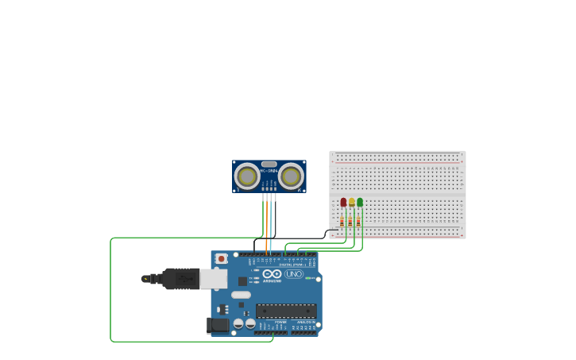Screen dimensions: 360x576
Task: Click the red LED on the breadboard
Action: [343, 203]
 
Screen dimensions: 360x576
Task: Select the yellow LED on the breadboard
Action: [351, 203]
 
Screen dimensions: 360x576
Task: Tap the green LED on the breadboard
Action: [360, 203]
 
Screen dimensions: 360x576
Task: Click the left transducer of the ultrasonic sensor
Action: [247, 176]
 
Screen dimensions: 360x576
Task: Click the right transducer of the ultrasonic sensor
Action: [291, 176]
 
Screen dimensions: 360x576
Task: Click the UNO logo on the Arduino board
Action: [294, 274]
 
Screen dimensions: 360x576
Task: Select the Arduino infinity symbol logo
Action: [272, 274]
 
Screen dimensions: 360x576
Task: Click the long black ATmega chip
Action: [286, 311]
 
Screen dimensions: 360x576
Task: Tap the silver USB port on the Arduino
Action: [213, 278]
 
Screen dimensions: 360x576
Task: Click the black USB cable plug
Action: [180, 279]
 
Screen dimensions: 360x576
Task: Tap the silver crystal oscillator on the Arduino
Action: [241, 295]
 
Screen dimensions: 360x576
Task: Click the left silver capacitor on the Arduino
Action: [238, 323]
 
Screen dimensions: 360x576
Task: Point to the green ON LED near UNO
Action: [308, 277]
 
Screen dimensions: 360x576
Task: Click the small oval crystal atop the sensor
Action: [269, 164]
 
